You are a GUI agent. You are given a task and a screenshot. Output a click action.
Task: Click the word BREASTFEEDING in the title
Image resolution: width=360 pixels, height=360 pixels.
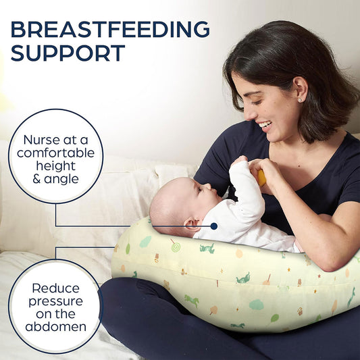coord(110,30)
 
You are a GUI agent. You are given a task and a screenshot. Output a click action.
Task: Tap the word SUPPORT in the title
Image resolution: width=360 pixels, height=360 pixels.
coord(68,53)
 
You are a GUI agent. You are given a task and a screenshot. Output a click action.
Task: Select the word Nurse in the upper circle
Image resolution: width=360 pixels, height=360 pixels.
coord(41,140)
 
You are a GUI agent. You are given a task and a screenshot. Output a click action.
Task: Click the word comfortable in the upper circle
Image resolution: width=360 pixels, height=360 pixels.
coord(55,153)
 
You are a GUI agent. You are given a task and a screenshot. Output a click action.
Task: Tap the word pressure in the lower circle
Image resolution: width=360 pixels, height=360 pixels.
coord(55,301)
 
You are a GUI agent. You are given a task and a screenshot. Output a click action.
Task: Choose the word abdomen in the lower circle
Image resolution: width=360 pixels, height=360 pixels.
coord(55,327)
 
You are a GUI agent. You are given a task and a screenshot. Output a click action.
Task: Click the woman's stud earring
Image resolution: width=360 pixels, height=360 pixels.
coord(300,100)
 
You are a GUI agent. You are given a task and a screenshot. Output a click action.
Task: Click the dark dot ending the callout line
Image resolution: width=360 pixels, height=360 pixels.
coord(213,226)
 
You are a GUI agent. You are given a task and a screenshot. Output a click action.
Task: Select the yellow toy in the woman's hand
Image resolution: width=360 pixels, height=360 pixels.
coord(261,177)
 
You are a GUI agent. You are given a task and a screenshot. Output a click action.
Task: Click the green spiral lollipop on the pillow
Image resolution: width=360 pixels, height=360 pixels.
coord(175,247)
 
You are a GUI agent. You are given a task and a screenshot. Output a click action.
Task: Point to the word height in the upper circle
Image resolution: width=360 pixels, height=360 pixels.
coord(55,166)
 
